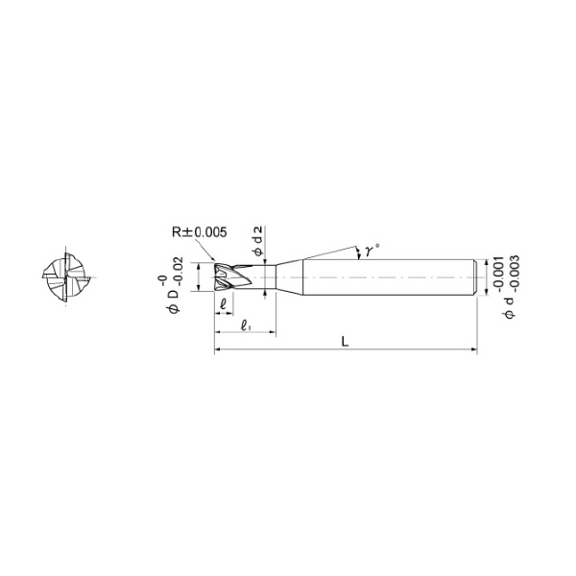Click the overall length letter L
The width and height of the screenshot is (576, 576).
[x=344, y=342]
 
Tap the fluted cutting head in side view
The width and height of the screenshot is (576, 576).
[x=229, y=277]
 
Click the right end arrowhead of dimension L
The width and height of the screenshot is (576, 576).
[x=473, y=352]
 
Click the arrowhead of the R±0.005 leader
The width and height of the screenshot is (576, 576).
[x=215, y=260]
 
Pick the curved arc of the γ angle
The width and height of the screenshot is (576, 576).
[x=357, y=251]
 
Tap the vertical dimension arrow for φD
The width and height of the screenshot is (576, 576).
[x=198, y=277]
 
